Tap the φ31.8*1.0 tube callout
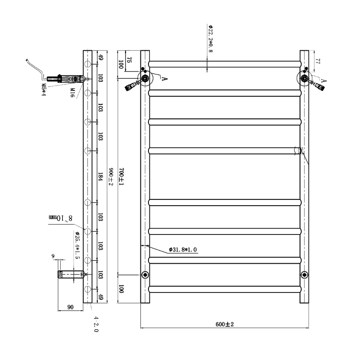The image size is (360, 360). coord(183,249)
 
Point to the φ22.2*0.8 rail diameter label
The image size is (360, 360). coord(210,39)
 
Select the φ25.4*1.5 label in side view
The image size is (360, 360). coord(77,245)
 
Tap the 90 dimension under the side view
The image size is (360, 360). coord(70,307)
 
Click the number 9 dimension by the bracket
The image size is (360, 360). coord(53,256)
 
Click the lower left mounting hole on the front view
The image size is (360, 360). coord(144,274)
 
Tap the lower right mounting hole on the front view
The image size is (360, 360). coord(305,274)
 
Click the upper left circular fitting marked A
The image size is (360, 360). coord(146,79)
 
